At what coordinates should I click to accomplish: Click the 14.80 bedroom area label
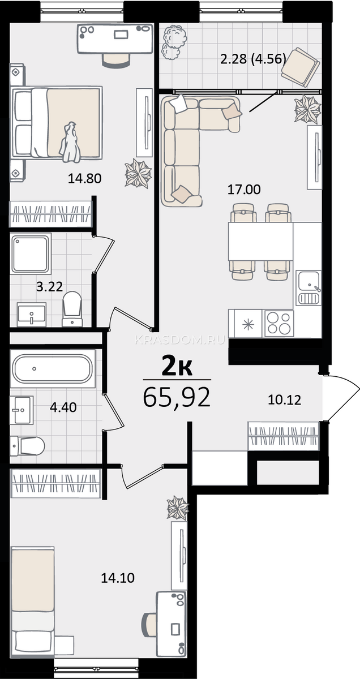[x=84, y=178]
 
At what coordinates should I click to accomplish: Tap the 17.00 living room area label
[x=244, y=190]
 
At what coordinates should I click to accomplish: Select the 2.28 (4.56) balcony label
[x=253, y=59]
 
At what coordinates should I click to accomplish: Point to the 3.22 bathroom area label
[x=49, y=286]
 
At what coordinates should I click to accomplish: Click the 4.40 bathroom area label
[x=63, y=407]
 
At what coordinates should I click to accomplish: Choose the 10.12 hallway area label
[x=285, y=400]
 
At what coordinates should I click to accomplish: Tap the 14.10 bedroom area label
[x=118, y=578]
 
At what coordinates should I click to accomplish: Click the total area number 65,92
[x=177, y=397]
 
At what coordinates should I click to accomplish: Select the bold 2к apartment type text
[x=177, y=367]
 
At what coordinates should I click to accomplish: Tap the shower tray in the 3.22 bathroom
[x=31, y=253]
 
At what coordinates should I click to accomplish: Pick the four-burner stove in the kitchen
[x=279, y=324]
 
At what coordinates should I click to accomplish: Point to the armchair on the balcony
[x=301, y=67]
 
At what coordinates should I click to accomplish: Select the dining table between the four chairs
[x=260, y=241]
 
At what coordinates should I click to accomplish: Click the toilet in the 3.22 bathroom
[x=72, y=309]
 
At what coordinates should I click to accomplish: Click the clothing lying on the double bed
[x=71, y=142]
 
